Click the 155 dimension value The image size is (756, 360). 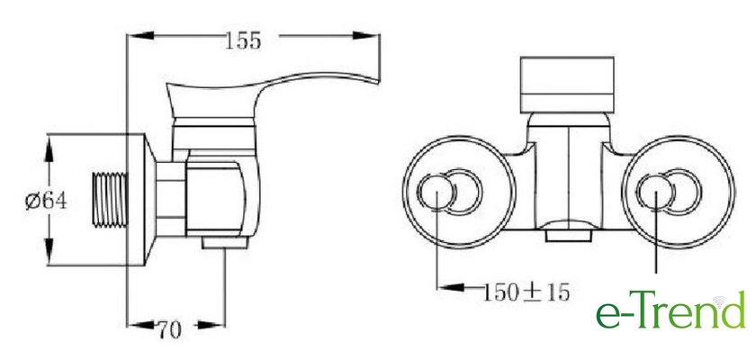pos(243,40)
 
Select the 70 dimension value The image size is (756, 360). pos(170,329)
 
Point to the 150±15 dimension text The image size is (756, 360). pos(526,292)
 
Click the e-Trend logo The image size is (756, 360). pos(670,310)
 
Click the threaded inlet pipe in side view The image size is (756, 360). pos(110,200)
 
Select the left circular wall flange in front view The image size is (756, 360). pos(404,193)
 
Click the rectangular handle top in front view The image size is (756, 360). pos(567,85)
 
